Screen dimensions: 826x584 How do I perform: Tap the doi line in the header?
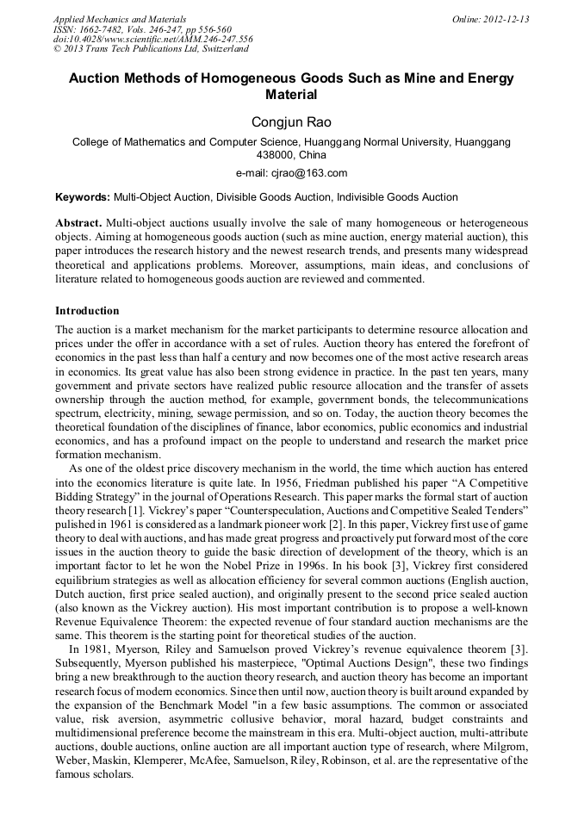pos(153,40)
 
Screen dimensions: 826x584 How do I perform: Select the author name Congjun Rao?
pos(291,123)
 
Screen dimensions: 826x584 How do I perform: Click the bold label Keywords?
pos(83,197)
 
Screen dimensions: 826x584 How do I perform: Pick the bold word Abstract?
pos(78,221)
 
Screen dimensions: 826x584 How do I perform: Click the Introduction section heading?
pos(87,311)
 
